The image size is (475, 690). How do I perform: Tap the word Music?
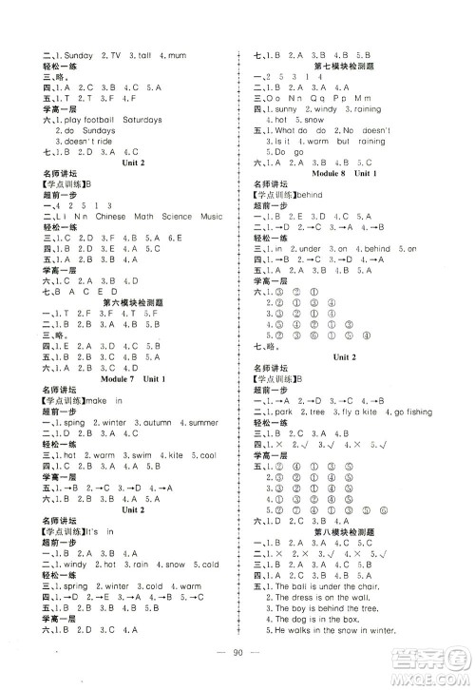[212, 217]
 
